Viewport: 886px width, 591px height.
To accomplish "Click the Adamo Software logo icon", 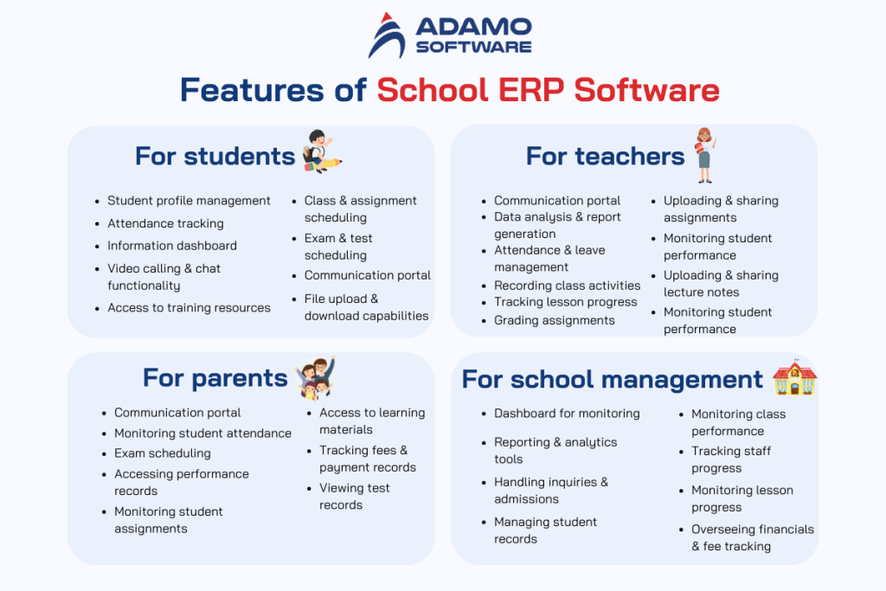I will click(x=386, y=35).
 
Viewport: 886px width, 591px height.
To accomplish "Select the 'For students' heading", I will click(x=215, y=156).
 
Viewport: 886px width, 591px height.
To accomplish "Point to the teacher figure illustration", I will click(x=703, y=153).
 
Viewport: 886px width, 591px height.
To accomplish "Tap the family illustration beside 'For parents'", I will click(x=315, y=377).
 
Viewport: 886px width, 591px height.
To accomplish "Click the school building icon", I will click(x=793, y=378).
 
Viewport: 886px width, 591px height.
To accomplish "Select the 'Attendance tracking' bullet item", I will click(x=165, y=223).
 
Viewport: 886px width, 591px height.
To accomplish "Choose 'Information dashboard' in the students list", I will click(x=171, y=246).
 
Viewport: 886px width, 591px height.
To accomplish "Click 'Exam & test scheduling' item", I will click(x=338, y=247).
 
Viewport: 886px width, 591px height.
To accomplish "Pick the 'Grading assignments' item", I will click(x=554, y=320).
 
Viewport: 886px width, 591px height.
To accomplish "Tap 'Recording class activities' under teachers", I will click(x=567, y=286).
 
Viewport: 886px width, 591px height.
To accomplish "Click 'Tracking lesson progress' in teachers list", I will click(x=565, y=302).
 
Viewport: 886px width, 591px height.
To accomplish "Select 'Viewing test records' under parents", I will click(x=354, y=497).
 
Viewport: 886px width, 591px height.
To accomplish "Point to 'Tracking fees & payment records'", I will click(x=367, y=459).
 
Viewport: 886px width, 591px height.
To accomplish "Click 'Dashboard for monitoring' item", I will click(x=567, y=414).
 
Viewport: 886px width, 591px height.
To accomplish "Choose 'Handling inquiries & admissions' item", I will click(x=550, y=491).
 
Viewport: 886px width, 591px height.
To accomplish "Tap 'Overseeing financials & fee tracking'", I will click(x=751, y=537).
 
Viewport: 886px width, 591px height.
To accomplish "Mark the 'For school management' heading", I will click(x=612, y=379).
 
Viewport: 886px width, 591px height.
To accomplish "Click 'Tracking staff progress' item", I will click(x=730, y=459).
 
